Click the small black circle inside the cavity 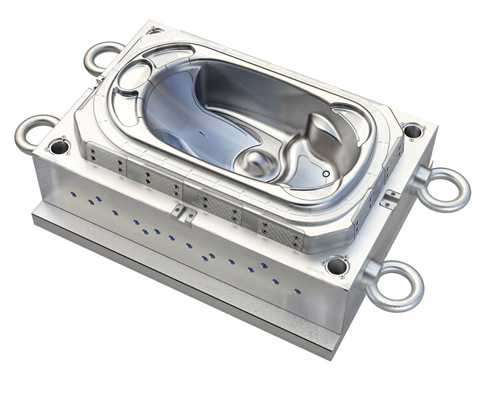click(326, 173)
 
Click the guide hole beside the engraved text click(337, 265)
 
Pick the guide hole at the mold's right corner click(412, 130)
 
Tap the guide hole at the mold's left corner click(58, 146)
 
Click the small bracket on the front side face click(183, 212)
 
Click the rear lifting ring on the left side click(102, 57)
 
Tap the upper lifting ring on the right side click(446, 188)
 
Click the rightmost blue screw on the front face click(298, 291)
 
